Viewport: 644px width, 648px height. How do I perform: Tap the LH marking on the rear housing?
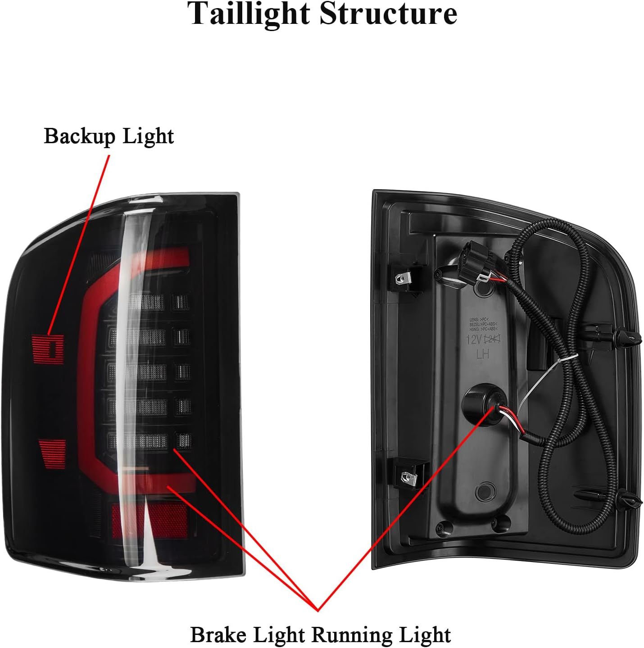click(483, 355)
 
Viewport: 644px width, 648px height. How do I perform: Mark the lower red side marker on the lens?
click(53, 454)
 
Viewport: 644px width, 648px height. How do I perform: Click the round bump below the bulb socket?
click(486, 489)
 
